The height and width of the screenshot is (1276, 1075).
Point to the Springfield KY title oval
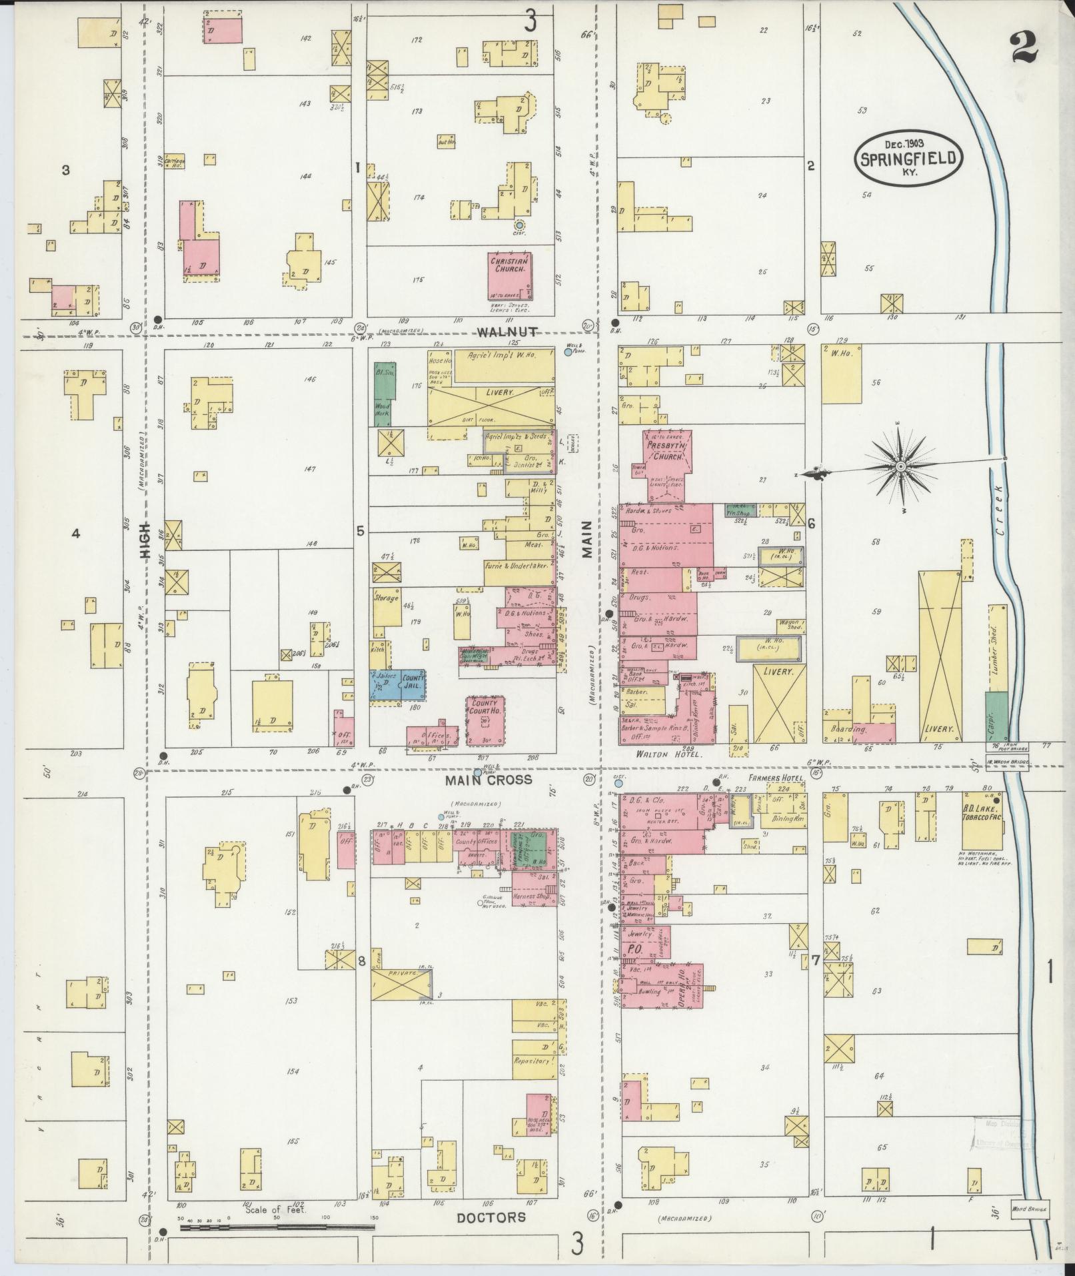point(909,157)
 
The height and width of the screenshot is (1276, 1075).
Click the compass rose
point(900,466)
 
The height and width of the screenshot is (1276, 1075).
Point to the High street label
point(145,539)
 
